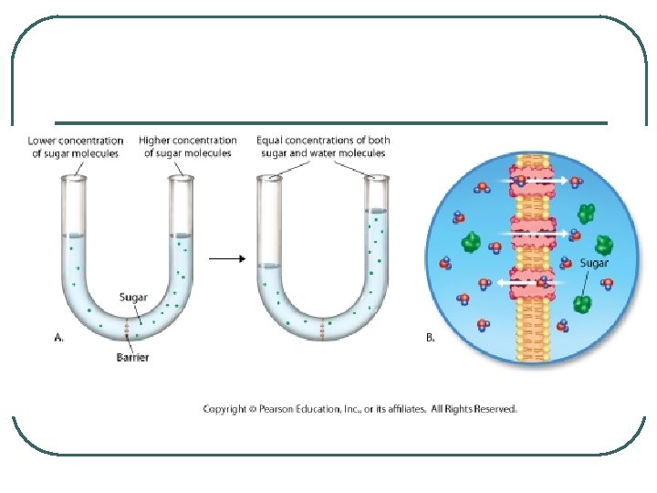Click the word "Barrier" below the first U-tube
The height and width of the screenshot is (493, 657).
(x=133, y=357)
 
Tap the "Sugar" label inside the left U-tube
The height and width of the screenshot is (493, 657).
(x=135, y=296)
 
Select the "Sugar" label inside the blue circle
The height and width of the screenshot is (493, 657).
(x=594, y=264)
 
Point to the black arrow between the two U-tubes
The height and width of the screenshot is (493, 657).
(x=227, y=258)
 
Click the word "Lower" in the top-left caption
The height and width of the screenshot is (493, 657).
(x=44, y=141)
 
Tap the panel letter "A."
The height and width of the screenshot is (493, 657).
(x=58, y=337)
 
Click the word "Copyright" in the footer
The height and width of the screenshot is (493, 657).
(x=224, y=409)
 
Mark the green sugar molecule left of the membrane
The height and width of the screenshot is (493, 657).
(x=471, y=242)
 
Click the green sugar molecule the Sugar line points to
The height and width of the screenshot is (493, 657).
(x=582, y=303)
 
